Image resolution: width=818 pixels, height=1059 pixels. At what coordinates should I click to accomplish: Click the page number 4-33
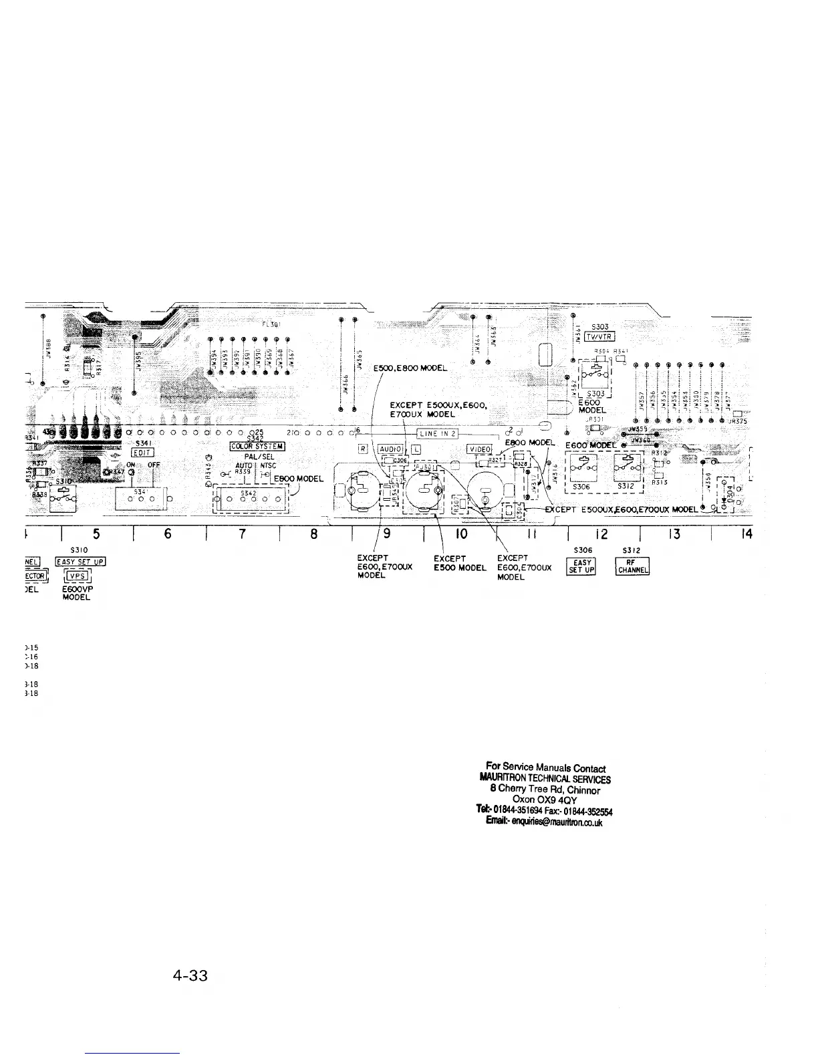190,976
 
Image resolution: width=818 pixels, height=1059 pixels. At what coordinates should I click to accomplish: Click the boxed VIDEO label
479,449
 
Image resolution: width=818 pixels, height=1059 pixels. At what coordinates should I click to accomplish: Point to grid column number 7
243,534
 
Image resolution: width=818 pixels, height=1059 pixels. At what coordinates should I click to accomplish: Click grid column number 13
676,534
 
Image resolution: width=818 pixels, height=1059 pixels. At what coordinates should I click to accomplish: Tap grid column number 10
461,534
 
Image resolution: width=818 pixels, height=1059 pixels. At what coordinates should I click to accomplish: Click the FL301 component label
271,325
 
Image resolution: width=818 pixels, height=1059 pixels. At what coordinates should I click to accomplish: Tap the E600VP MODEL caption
76,594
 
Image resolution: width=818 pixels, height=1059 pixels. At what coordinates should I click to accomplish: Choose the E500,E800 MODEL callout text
412,368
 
